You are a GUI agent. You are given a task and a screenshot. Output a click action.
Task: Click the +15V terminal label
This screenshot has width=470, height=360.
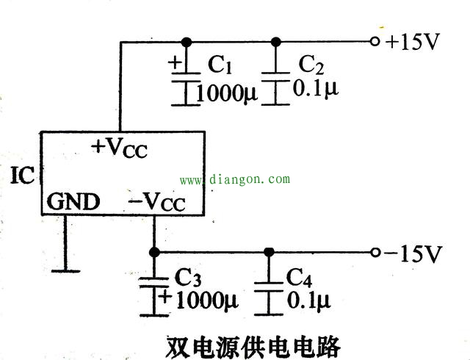pos(412,41)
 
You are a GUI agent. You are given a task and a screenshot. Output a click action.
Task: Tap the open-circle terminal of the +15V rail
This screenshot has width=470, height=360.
pos(375,41)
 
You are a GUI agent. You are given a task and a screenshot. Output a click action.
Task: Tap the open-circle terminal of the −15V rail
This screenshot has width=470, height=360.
pos(375,253)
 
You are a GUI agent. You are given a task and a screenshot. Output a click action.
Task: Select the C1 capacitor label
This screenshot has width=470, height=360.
pos(220,66)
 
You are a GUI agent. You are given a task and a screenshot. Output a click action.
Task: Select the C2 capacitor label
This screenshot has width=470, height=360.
pos(311,66)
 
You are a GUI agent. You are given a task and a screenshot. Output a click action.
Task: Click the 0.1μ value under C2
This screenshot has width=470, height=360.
pos(316,90)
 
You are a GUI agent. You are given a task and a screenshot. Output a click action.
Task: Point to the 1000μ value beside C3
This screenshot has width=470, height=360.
pos(207,300)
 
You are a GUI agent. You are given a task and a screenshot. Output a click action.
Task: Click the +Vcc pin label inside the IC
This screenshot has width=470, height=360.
pos(119,147)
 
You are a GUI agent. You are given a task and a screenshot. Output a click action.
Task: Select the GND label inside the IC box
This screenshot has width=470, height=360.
pos(73,201)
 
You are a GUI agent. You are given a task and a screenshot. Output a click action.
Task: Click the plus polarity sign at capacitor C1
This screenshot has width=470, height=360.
pos(175,62)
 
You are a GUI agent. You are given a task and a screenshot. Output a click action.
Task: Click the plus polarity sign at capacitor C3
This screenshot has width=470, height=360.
pos(165,297)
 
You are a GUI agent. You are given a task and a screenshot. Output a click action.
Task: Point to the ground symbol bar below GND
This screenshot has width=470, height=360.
pos(64,270)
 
